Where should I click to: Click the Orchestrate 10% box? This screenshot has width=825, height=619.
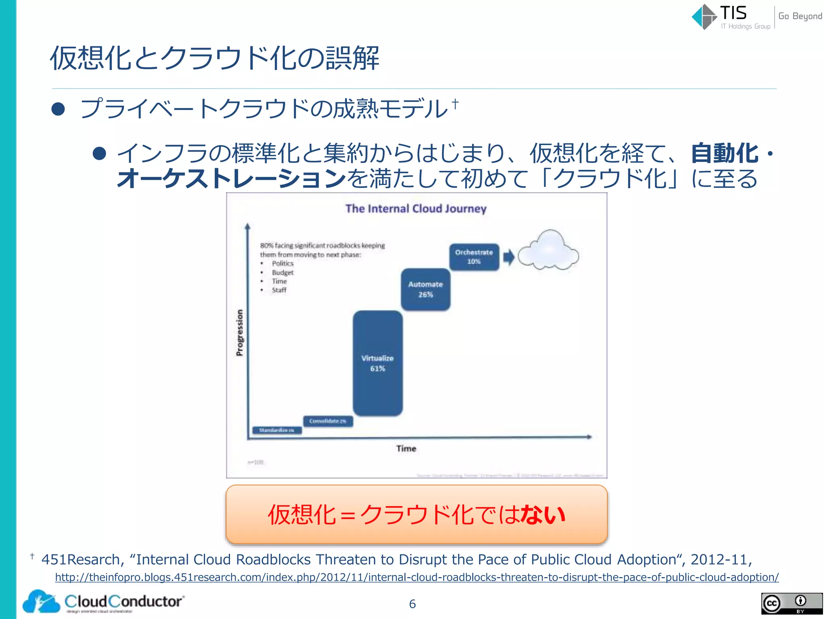tap(474, 257)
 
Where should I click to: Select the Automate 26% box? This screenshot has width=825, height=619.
tap(425, 289)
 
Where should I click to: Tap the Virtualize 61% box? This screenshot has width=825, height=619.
tap(377, 363)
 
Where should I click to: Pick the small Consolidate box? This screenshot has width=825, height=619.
tap(328, 421)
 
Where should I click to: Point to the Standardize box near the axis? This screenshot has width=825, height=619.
tap(277, 430)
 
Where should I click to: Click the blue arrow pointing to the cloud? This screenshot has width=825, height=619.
tap(509, 257)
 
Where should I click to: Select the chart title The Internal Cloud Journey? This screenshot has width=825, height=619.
tap(416, 209)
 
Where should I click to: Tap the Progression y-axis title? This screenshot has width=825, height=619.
tap(240, 333)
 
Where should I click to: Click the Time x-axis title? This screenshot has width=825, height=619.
tap(406, 449)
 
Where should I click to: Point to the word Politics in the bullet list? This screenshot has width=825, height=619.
tap(282, 264)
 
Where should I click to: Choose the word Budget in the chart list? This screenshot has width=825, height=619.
tap(282, 273)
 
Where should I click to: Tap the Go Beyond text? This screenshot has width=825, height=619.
tap(800, 16)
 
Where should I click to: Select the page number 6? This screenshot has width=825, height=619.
tap(412, 604)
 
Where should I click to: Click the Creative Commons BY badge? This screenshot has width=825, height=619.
tap(792, 604)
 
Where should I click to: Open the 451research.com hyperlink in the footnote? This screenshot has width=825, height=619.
tap(417, 577)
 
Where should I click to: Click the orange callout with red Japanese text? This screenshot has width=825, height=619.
tap(417, 515)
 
